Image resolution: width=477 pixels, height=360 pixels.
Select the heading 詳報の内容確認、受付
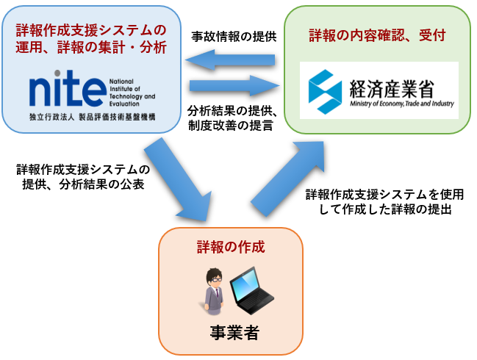[378, 34]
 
